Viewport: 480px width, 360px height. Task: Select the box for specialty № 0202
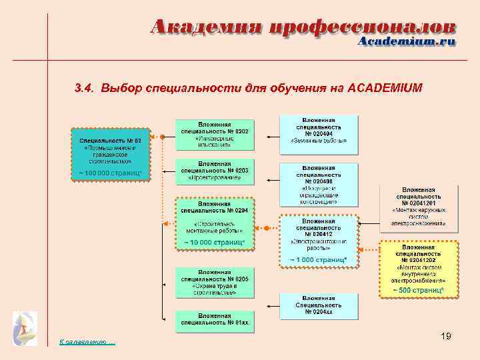[214, 136]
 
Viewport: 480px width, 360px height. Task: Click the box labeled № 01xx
[214, 321]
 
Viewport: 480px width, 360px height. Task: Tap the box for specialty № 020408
[319, 184]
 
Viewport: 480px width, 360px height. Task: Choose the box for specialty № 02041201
[419, 207]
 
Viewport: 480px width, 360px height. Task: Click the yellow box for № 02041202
[419, 268]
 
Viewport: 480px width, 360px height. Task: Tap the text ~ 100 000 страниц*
[111, 173]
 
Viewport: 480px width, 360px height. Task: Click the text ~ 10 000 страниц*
[214, 242]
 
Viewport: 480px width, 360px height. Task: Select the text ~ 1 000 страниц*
[318, 259]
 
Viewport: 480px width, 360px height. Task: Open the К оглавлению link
[87, 343]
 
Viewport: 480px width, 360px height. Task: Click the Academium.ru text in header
[407, 41]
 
